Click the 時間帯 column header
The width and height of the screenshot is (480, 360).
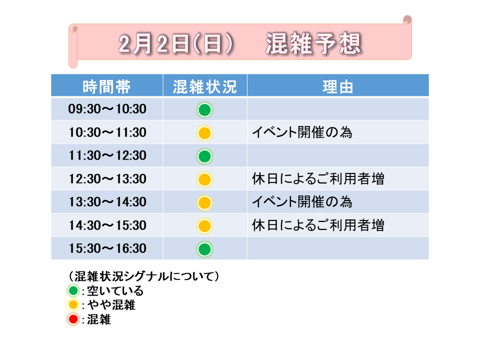tap(106, 86)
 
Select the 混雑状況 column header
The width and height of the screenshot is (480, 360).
tap(205, 86)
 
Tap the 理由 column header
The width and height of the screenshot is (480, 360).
tap(337, 86)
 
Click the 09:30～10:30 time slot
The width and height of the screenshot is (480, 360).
tap(107, 109)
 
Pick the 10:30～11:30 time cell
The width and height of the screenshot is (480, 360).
tap(107, 132)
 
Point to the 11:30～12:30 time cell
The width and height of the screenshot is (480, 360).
tap(107, 155)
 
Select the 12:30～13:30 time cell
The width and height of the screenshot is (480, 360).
tap(107, 179)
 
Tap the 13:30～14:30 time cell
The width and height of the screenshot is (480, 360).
tap(107, 202)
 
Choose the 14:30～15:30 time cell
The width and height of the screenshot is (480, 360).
tap(107, 225)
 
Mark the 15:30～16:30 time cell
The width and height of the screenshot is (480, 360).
tap(107, 248)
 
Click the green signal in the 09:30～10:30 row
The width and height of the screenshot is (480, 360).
tap(204, 110)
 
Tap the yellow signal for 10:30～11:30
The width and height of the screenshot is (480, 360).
tap(204, 133)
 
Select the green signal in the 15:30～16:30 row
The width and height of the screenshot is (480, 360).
tap(204, 249)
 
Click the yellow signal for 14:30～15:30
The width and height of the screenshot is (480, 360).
tap(204, 226)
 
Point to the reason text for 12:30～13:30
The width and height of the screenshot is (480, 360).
tap(318, 179)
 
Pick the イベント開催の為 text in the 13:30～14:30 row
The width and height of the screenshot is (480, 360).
tap(302, 202)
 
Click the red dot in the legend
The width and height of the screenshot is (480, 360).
tap(73, 319)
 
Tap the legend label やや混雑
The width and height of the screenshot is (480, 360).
tap(111, 305)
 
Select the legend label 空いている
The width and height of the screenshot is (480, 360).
tap(115, 290)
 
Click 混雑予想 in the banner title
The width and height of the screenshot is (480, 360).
tap(313, 43)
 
